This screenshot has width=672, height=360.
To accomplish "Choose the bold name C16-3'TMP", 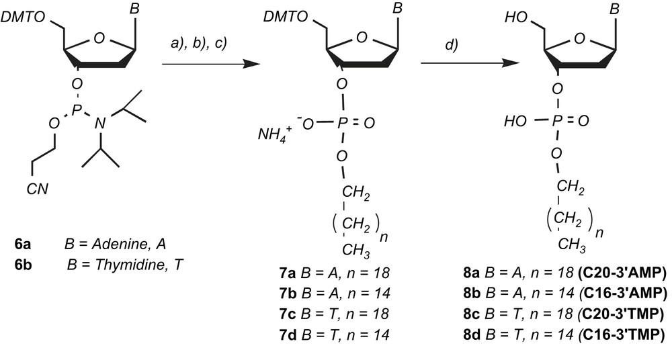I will pos(624,334).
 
